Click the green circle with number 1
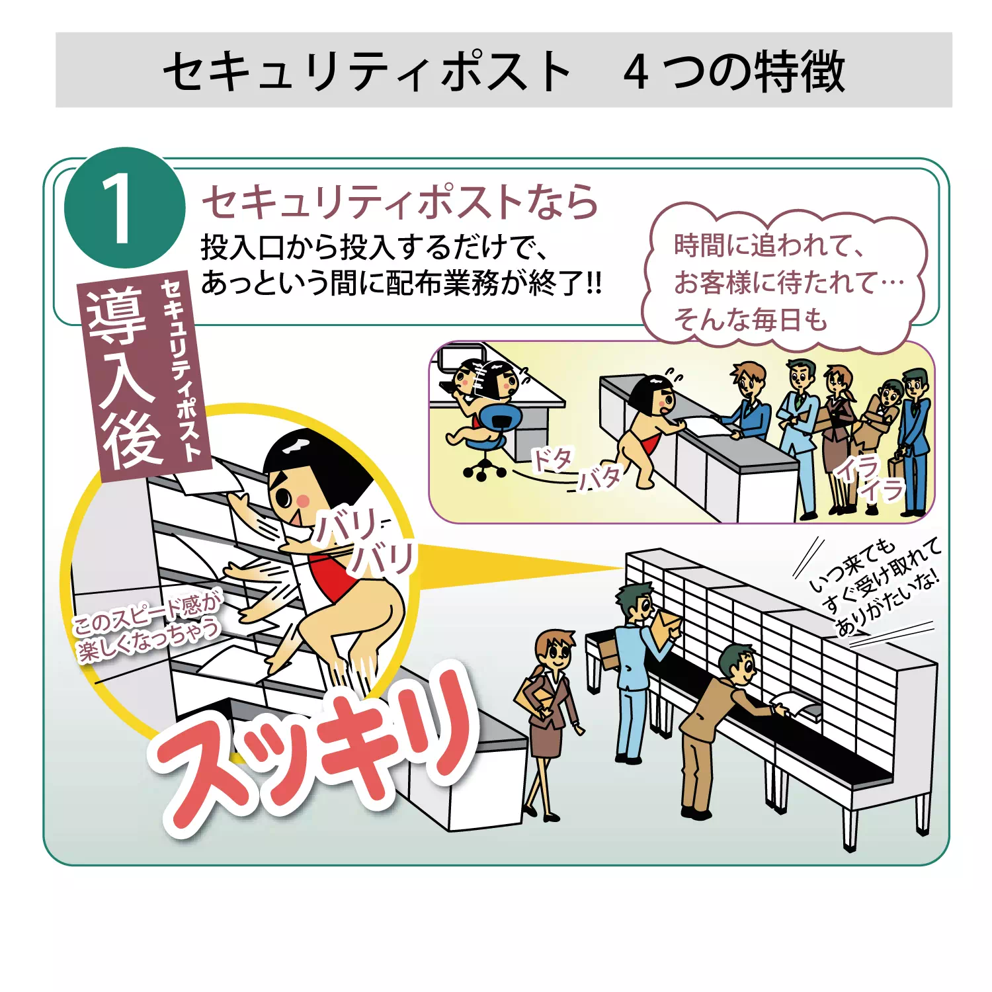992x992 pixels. click(124, 208)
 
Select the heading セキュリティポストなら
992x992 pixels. click(400, 202)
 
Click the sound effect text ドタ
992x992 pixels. click(553, 458)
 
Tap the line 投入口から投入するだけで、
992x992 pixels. click(374, 248)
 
